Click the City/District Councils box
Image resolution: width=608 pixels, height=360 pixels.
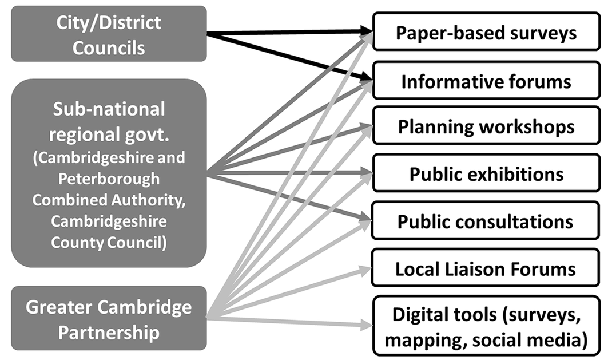coord(109,34)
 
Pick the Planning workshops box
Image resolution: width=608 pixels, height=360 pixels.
coord(486,126)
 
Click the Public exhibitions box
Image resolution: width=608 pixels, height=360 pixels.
coord(486,173)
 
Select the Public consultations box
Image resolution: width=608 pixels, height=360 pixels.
coord(486,220)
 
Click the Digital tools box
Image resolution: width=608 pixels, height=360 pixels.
coord(486,327)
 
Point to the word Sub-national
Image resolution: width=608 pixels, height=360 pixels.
coord(109,109)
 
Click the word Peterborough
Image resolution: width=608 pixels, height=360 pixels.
coord(109,178)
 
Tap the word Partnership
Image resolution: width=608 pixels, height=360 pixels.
coord(109,333)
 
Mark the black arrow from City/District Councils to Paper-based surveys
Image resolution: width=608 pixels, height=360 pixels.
coord(286,33)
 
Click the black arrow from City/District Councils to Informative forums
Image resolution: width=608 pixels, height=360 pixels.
coord(286,56)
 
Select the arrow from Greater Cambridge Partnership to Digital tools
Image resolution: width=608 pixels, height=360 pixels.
coord(286,322)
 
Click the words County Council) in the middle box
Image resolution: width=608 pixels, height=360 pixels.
coord(109,242)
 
